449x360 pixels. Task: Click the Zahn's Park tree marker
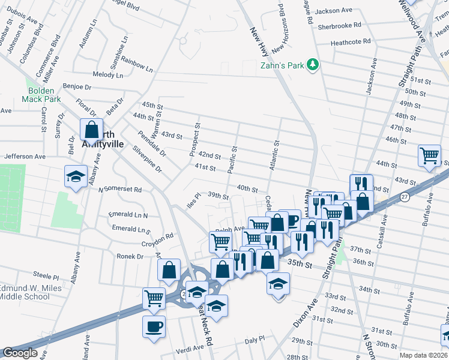(x=312, y=64)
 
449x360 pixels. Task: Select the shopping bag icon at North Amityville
(x=90, y=129)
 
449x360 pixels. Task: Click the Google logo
(x=20, y=353)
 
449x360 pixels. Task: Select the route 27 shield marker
(x=405, y=197)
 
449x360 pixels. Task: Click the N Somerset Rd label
(x=120, y=189)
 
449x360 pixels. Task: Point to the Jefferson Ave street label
(x=25, y=156)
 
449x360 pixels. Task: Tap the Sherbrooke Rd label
(x=340, y=25)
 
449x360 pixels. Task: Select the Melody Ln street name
(x=107, y=75)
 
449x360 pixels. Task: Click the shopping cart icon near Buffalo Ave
(x=429, y=155)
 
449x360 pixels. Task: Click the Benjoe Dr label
(x=77, y=86)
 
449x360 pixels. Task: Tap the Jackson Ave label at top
(x=334, y=10)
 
